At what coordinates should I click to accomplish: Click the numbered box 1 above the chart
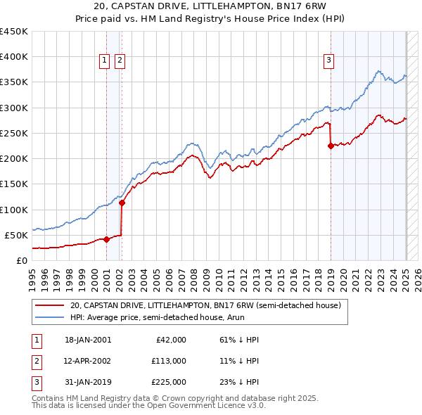(x=105, y=61)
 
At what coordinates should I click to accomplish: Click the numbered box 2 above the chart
(x=120, y=61)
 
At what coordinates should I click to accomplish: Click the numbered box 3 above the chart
(x=328, y=61)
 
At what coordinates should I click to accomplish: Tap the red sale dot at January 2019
(x=331, y=146)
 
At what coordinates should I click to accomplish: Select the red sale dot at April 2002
(x=122, y=203)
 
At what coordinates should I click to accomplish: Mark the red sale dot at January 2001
(x=106, y=239)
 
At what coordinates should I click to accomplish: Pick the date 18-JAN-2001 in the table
(x=88, y=340)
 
